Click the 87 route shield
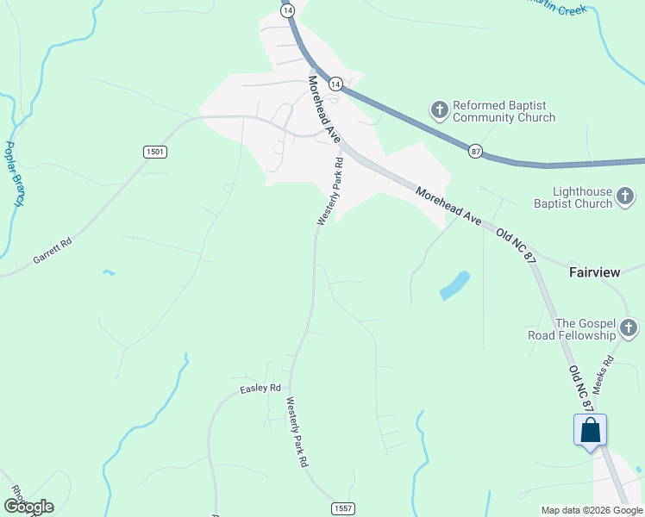[476, 151]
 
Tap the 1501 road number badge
[154, 152]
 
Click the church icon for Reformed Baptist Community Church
[440, 109]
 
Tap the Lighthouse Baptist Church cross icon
[627, 198]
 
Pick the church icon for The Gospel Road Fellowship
[629, 327]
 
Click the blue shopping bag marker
[591, 430]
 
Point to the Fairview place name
[594, 272]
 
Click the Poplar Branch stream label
[15, 174]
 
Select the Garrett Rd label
[53, 252]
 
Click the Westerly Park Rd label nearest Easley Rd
[297, 432]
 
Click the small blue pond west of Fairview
[454, 285]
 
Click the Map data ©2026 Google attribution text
[591, 510]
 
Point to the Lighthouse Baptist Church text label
[572, 198]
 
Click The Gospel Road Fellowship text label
[573, 328]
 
